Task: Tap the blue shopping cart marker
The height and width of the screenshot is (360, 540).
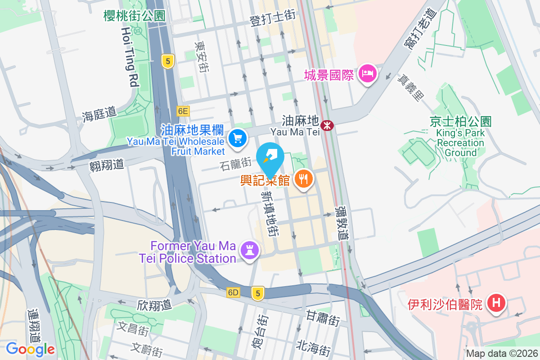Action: pyautogui.click(x=237, y=138)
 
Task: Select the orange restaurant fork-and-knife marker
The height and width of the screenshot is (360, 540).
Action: pyautogui.click(x=304, y=179)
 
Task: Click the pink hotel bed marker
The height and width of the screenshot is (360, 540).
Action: pyautogui.click(x=367, y=73)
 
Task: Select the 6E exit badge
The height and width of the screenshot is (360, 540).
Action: pyautogui.click(x=183, y=111)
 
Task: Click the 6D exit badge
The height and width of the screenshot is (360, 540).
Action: pyautogui.click(x=233, y=292)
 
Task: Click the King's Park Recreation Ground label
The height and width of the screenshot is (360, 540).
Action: pyautogui.click(x=460, y=142)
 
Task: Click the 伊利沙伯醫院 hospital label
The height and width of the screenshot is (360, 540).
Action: pyautogui.click(x=445, y=305)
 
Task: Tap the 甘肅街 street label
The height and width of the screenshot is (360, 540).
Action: pyautogui.click(x=323, y=318)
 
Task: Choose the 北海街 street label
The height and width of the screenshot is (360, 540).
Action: pyautogui.click(x=314, y=347)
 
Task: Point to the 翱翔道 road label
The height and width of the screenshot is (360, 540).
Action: pyautogui.click(x=106, y=164)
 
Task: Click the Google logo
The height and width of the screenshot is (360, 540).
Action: pyautogui.click(x=30, y=349)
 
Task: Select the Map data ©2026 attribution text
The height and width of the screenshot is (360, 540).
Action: pyautogui.click(x=501, y=354)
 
